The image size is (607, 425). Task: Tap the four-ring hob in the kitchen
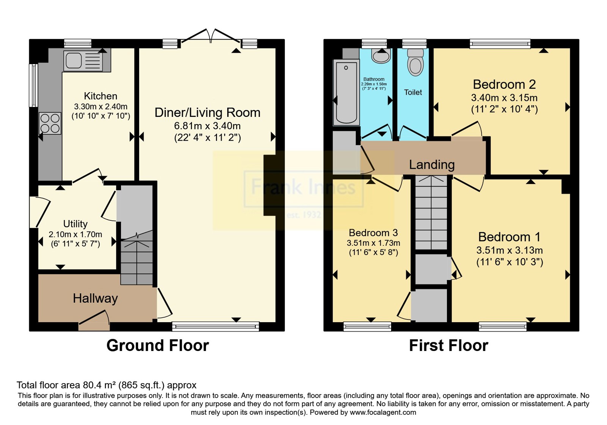pyautogui.click(x=50, y=123)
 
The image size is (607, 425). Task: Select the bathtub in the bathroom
pyautogui.click(x=346, y=93)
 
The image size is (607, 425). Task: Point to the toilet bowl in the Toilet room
pyautogui.click(x=415, y=63)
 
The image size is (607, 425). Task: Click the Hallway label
pyautogui.click(x=95, y=299)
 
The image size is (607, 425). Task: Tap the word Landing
pyautogui.click(x=432, y=165)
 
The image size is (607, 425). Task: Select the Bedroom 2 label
pyautogui.click(x=504, y=85)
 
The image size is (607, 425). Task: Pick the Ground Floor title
pyautogui.click(x=158, y=346)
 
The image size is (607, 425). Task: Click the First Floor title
pyautogui.click(x=449, y=346)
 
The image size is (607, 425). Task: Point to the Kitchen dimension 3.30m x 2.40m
pyautogui.click(x=101, y=107)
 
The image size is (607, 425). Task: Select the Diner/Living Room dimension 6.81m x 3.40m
pyautogui.click(x=207, y=126)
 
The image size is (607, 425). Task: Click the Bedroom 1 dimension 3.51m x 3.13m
pyautogui.click(x=510, y=250)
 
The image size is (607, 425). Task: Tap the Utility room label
pyautogui.click(x=75, y=224)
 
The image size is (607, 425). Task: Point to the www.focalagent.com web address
pyautogui.click(x=383, y=412)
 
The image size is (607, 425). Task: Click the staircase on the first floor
pyautogui.click(x=431, y=212)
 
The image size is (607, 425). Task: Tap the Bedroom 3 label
pyautogui.click(x=373, y=233)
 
